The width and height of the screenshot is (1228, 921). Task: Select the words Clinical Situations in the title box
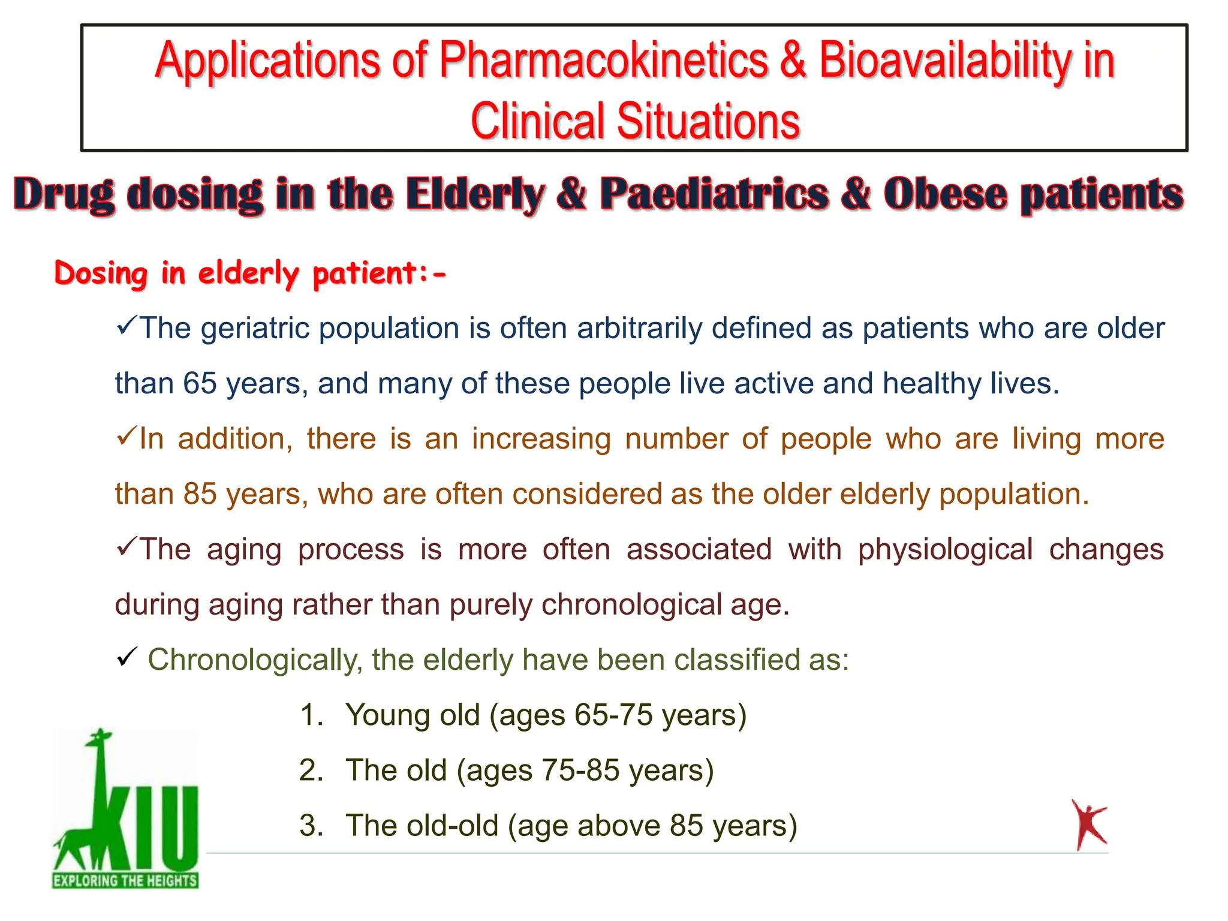[635, 121]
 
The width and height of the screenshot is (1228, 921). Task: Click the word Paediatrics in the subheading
[714, 194]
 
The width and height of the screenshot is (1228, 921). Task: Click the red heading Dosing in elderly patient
[250, 274]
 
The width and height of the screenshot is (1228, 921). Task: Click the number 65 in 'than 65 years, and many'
[200, 384]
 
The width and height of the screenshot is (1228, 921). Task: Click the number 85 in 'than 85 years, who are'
[200, 494]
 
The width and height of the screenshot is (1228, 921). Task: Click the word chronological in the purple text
[631, 605]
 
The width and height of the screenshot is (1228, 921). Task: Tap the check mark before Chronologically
[127, 657]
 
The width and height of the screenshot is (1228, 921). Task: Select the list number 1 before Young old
[311, 715]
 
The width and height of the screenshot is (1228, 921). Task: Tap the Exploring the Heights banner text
[125, 881]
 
